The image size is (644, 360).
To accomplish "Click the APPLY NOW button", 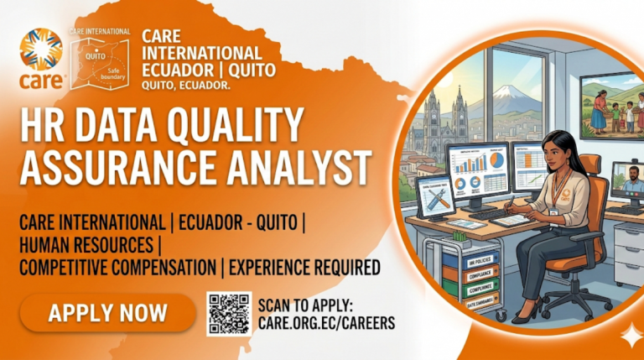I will [x=107, y=314].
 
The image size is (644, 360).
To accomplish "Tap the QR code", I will [x=229, y=314].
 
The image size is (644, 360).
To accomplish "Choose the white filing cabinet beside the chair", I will [x=627, y=252].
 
